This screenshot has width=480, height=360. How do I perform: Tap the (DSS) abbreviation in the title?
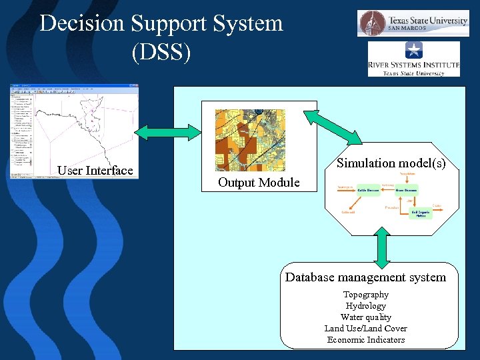tap(161, 52)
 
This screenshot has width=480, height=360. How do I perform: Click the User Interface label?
tap(95, 171)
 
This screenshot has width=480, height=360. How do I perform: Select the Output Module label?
tap(259, 183)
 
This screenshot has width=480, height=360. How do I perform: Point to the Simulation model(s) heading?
tap(391, 163)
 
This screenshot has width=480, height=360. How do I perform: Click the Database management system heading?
tap(365, 277)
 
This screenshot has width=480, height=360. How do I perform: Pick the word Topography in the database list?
tap(365, 295)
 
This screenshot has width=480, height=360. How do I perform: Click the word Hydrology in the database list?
tap(365, 306)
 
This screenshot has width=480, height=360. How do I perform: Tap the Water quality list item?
tap(365, 317)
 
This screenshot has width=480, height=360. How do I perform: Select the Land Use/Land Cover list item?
tap(365, 329)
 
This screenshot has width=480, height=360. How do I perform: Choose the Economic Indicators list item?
tap(365, 340)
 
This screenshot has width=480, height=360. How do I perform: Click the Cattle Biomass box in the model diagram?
tap(368, 190)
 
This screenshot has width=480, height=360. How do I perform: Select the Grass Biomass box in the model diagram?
tap(406, 190)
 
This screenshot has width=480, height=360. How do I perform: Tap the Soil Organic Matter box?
tap(421, 213)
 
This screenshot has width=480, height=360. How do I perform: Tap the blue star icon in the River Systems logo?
tap(413, 49)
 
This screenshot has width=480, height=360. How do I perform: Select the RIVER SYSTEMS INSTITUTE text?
tap(413, 65)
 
